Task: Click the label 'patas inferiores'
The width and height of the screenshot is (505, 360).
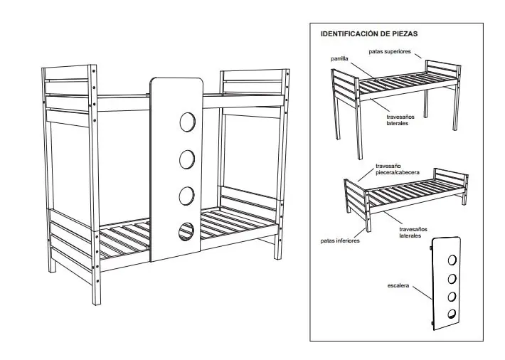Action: [x=339, y=240]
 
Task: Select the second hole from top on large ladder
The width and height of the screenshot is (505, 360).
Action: [x=188, y=159]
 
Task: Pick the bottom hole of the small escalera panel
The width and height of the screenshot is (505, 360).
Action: [x=451, y=314]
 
